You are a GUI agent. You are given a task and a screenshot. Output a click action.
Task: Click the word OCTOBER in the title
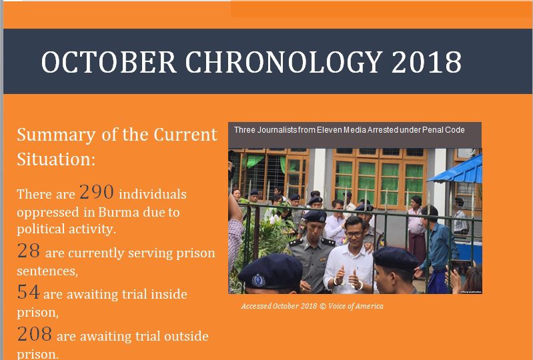click(x=109, y=62)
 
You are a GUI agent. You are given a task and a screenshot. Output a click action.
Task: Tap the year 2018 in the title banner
click(x=427, y=62)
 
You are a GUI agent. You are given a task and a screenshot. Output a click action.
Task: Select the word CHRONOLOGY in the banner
click(x=284, y=62)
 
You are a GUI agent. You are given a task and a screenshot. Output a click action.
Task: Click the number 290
click(x=97, y=192)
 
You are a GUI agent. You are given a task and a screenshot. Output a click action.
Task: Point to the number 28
click(x=29, y=251)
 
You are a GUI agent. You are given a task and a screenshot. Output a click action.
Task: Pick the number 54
click(x=28, y=292)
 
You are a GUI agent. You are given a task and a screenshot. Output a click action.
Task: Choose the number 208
click(x=34, y=334)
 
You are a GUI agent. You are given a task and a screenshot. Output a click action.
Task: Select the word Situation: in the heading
click(x=56, y=159)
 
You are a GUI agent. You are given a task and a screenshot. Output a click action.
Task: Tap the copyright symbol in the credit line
click(x=323, y=307)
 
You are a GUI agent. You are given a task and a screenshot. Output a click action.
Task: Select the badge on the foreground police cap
click(x=258, y=281)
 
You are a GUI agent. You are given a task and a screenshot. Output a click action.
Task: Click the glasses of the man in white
click(x=354, y=235)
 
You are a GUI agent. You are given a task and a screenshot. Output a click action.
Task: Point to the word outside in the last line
click(x=186, y=336)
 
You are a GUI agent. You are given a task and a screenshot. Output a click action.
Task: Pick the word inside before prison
click(x=169, y=294)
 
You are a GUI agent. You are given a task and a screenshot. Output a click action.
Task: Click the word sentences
click(x=47, y=271)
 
